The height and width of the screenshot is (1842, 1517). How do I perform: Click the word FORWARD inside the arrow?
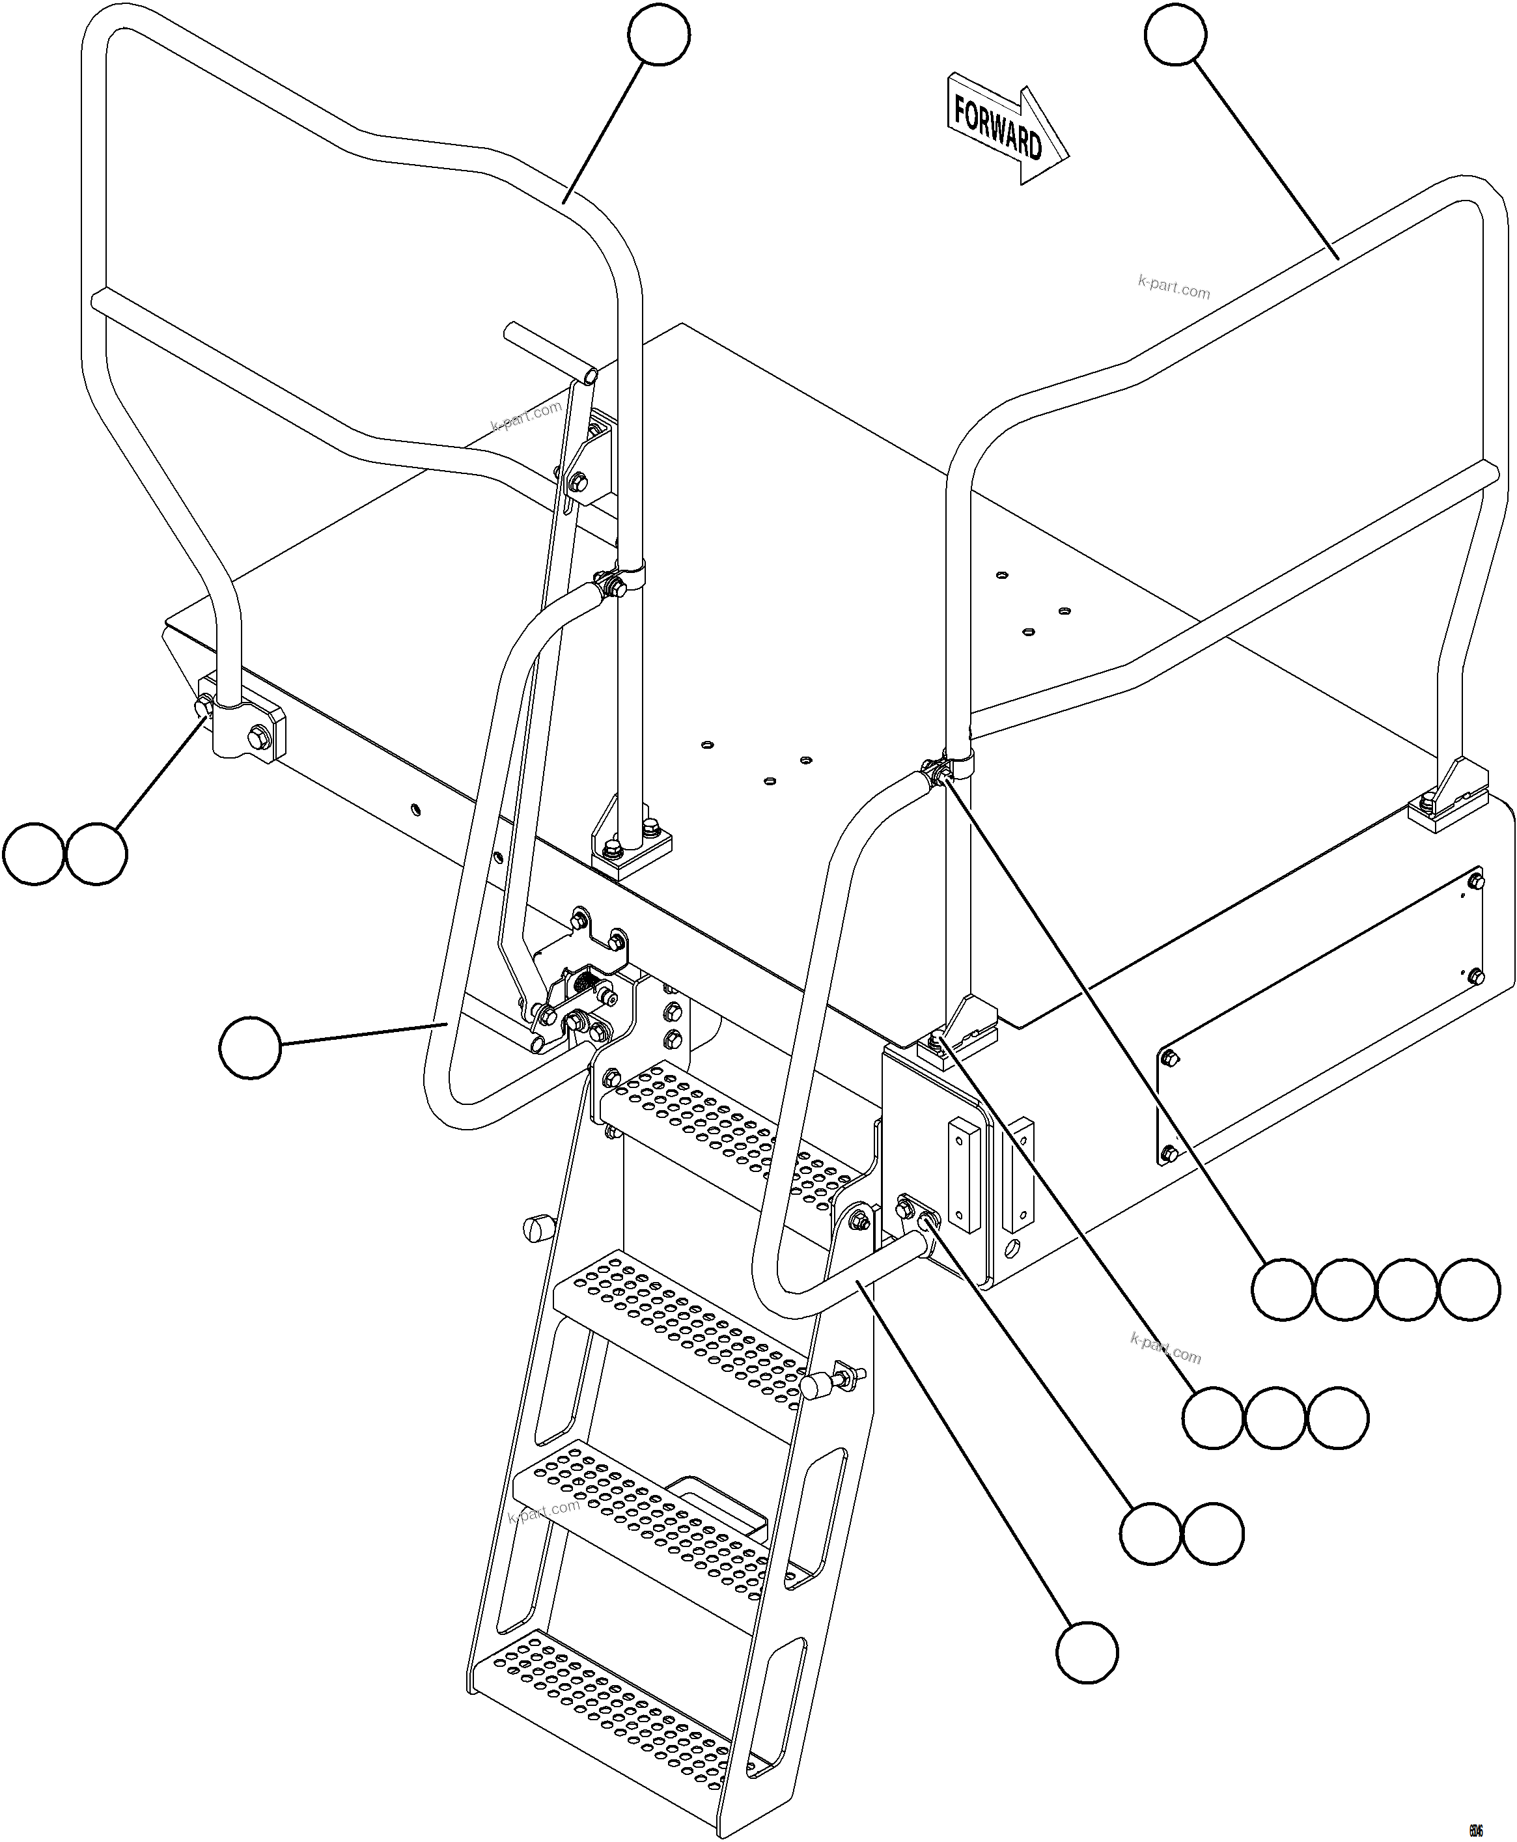coord(997,128)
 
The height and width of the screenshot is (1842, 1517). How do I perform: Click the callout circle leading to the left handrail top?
coord(659,34)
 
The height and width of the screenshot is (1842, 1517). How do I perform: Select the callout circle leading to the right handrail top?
coord(1175,34)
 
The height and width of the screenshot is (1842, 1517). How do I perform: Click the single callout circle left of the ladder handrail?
coord(250,1047)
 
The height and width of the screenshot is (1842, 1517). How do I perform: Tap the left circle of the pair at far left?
coord(33,853)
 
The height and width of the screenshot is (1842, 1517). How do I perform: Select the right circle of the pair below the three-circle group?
coord(1213,1533)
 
